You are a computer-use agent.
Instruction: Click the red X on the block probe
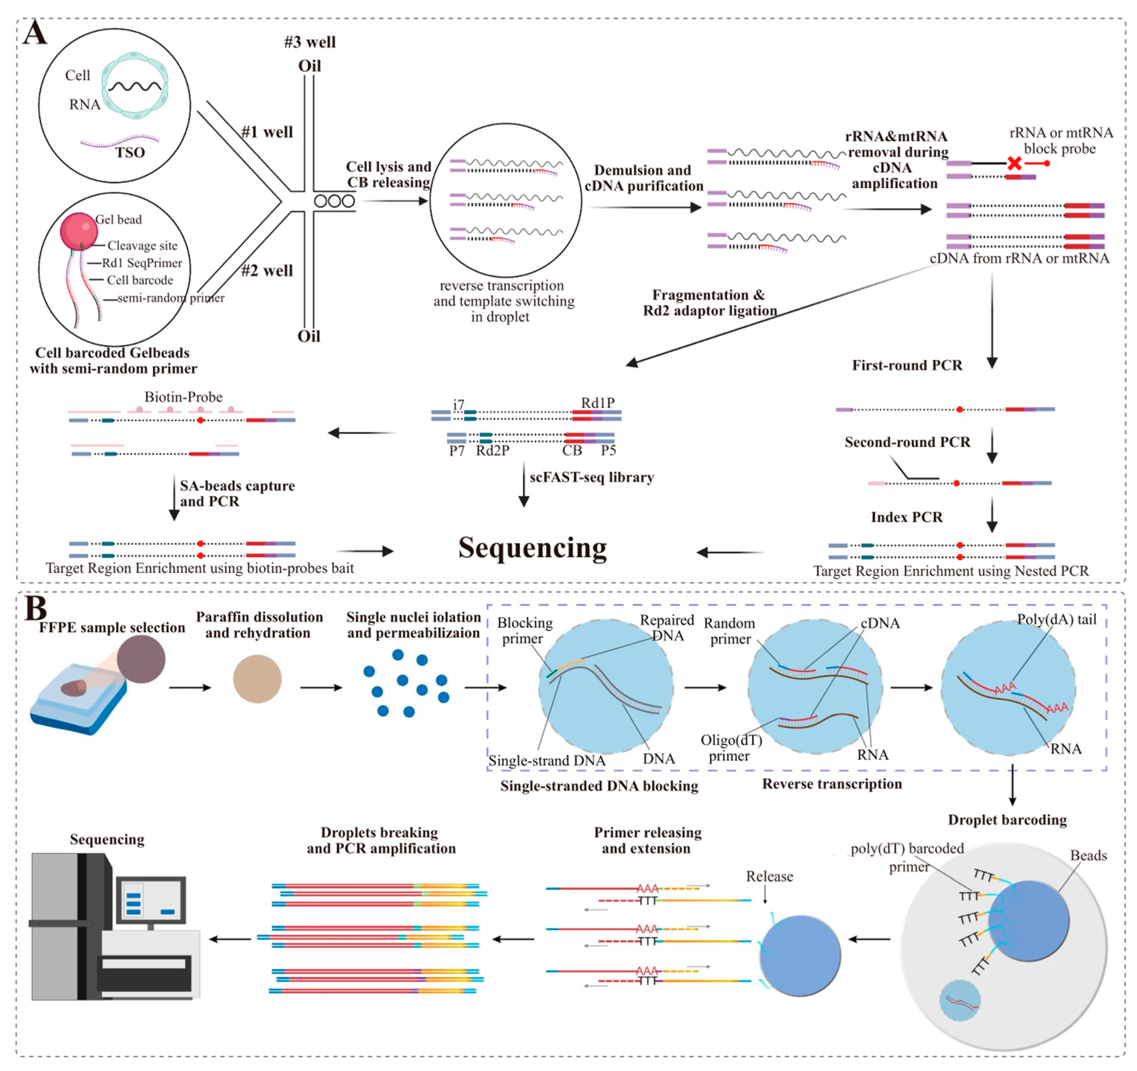coord(1014,164)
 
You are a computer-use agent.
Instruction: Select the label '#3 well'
coord(310,42)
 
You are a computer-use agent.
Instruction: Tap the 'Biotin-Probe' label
coord(183,397)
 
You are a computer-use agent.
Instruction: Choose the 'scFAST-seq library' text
coord(591,477)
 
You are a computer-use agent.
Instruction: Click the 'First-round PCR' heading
coord(907,365)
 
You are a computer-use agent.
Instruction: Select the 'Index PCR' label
coord(906,517)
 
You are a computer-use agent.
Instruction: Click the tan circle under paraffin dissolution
coord(257,679)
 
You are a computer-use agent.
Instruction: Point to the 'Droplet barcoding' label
coord(1007,820)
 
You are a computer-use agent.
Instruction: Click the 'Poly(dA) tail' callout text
coord(1056,620)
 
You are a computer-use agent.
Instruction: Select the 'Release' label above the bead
coord(769,876)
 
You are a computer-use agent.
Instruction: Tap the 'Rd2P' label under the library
coord(492,451)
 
